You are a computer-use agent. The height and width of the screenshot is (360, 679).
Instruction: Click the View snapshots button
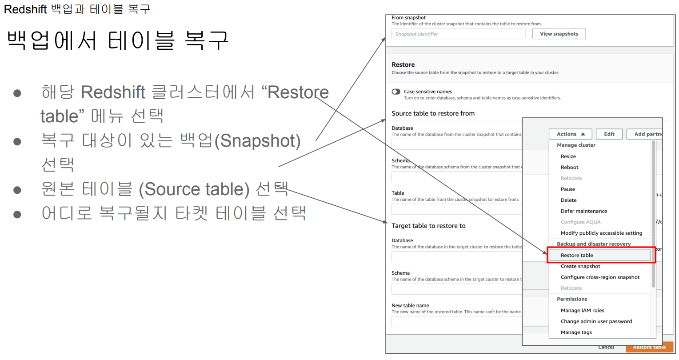[x=559, y=34]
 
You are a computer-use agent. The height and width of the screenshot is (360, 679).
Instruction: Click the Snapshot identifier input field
[x=458, y=34]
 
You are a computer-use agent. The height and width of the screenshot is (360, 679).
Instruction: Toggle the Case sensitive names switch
[x=396, y=92]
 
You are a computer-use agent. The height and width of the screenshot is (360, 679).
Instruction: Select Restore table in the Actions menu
[x=577, y=255]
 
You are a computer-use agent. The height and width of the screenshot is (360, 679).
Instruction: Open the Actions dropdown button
[x=571, y=134]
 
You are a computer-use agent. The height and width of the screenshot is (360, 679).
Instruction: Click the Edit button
[x=609, y=134]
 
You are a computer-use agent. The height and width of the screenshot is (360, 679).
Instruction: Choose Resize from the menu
[x=568, y=156]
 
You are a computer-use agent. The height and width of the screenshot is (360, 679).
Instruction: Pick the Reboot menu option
[x=570, y=167]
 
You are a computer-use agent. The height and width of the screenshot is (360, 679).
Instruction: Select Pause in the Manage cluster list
[x=568, y=189]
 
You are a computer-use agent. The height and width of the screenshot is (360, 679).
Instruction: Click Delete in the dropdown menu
[x=569, y=200]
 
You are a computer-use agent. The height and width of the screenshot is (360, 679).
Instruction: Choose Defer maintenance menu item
[x=584, y=211]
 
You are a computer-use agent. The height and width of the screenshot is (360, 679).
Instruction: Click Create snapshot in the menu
[x=580, y=266]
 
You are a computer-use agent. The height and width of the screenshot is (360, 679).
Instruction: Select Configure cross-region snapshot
[x=600, y=277]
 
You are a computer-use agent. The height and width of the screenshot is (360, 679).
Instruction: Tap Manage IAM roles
[x=582, y=310]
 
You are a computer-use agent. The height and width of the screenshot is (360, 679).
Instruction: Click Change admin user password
[x=596, y=321]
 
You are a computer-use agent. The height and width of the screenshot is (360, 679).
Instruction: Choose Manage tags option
[x=576, y=332]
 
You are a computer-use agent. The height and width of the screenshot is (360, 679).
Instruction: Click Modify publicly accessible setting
[x=601, y=233]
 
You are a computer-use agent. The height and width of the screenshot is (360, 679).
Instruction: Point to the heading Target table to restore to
[x=428, y=226]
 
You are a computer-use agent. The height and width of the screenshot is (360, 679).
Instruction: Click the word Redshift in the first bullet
[x=113, y=92]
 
